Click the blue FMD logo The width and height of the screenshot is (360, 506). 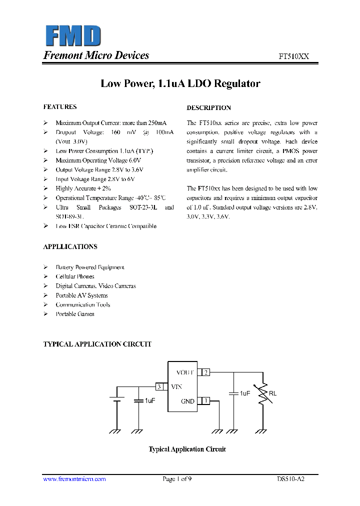[73, 36]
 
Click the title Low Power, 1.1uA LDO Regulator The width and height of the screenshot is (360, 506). [180, 83]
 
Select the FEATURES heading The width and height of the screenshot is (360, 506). [60, 107]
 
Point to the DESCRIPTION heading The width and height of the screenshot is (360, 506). [209, 108]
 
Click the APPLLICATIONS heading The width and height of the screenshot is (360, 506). [70, 247]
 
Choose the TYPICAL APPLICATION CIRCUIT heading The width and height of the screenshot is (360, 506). [97, 344]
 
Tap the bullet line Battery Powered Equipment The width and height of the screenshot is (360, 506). [90, 267]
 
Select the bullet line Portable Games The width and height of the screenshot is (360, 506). [75, 314]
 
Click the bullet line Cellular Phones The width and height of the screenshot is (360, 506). [75, 277]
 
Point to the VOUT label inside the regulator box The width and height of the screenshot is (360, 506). [185, 372]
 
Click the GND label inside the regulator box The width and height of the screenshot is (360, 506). [187, 401]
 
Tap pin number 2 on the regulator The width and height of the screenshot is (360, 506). [205, 372]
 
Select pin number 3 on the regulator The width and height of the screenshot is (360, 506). [159, 386]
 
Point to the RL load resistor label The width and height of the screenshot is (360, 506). [272, 393]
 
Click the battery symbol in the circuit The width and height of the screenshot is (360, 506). [117, 399]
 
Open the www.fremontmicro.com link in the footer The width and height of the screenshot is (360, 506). [74, 479]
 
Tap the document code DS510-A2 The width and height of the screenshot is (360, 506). [290, 479]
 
